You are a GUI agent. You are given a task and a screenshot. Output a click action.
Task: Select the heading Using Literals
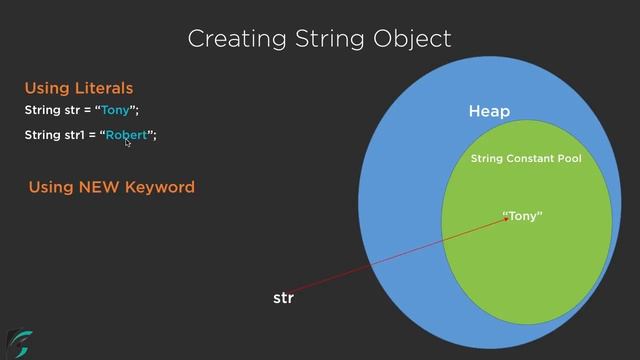pyautogui.click(x=78, y=88)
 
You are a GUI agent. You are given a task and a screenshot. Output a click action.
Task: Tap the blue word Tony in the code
pyautogui.click(x=115, y=110)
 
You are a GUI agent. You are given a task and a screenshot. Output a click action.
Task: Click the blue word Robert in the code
pyautogui.click(x=127, y=135)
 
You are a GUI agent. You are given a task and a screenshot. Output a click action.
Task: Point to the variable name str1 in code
pyautogui.click(x=78, y=135)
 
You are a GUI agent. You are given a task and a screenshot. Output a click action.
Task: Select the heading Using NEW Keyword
pyautogui.click(x=111, y=187)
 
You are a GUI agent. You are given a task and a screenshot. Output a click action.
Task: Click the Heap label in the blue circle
pyautogui.click(x=489, y=111)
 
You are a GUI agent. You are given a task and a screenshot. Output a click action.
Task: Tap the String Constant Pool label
pyautogui.click(x=525, y=158)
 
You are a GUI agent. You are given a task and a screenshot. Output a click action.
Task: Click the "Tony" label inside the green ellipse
pyautogui.click(x=522, y=215)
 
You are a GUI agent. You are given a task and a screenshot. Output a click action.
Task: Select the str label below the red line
pyautogui.click(x=283, y=298)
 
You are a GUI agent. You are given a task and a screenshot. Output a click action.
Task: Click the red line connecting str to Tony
pyautogui.click(x=400, y=255)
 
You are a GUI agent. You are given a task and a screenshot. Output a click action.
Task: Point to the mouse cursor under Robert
pyautogui.click(x=128, y=143)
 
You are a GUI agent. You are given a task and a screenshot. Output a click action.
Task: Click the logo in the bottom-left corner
pyautogui.click(x=18, y=343)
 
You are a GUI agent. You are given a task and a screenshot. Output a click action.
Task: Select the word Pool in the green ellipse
pyautogui.click(x=569, y=158)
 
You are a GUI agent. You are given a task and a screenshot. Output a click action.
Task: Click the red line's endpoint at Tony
pyautogui.click(x=508, y=219)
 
